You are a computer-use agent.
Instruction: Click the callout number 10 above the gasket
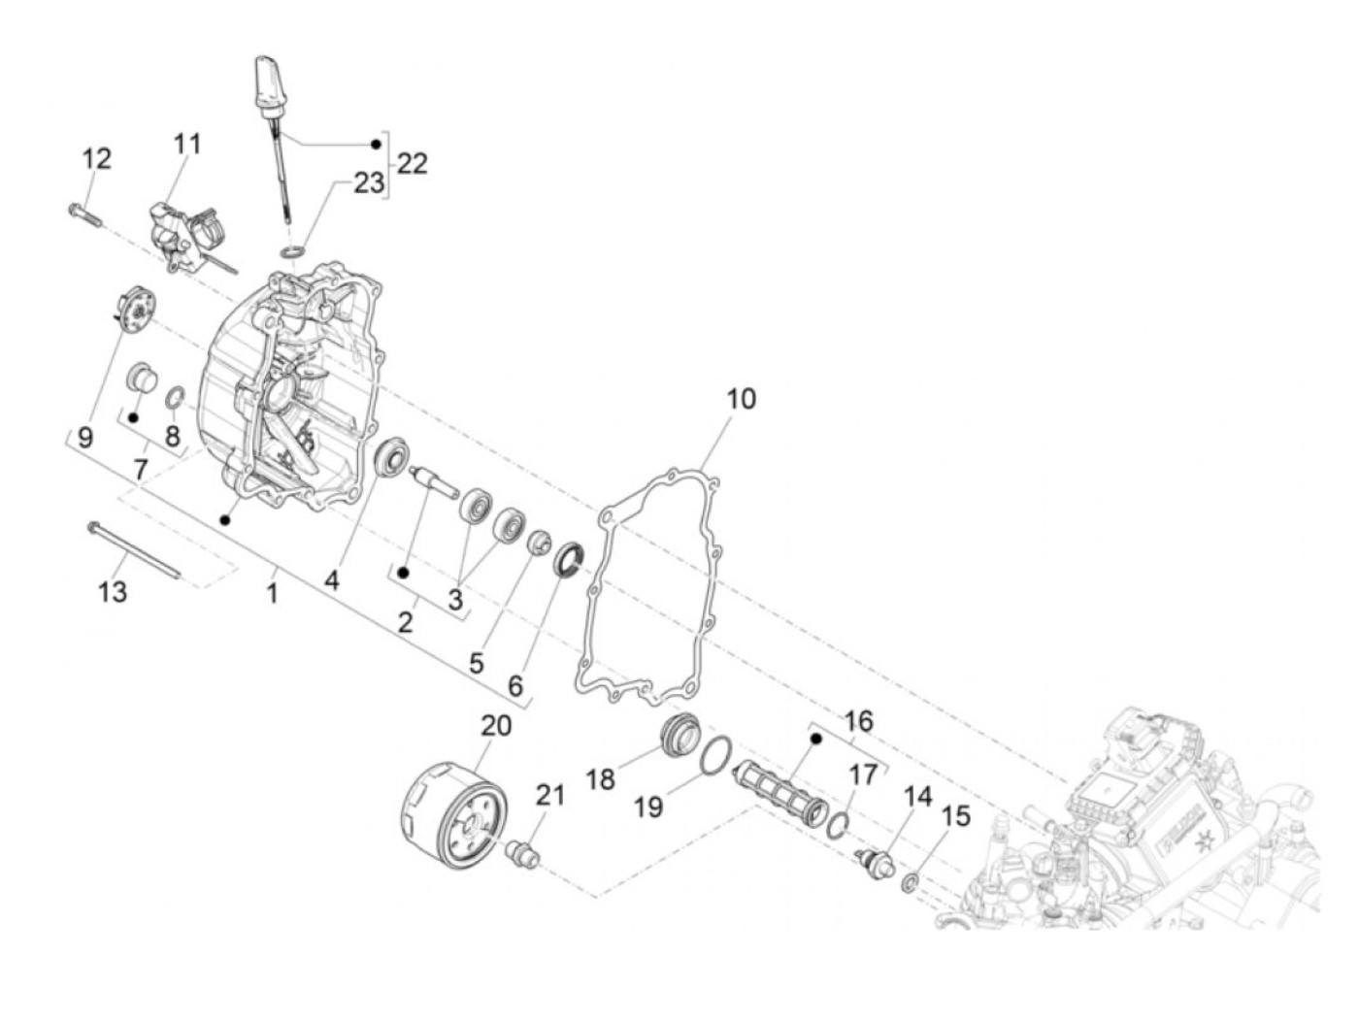[x=741, y=398]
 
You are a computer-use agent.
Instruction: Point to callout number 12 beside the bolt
[x=96, y=157]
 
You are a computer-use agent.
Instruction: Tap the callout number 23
[x=368, y=182]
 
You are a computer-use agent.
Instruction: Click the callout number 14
[x=917, y=797]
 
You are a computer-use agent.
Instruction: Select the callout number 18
[x=601, y=778]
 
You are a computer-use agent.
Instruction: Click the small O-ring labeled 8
[x=176, y=397]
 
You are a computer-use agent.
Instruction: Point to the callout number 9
[x=85, y=437]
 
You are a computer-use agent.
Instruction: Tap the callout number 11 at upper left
[x=187, y=144]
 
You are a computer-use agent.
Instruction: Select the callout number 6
[x=515, y=684]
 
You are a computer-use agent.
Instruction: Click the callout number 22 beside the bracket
[x=413, y=163]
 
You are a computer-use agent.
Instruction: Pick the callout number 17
[x=862, y=774]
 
